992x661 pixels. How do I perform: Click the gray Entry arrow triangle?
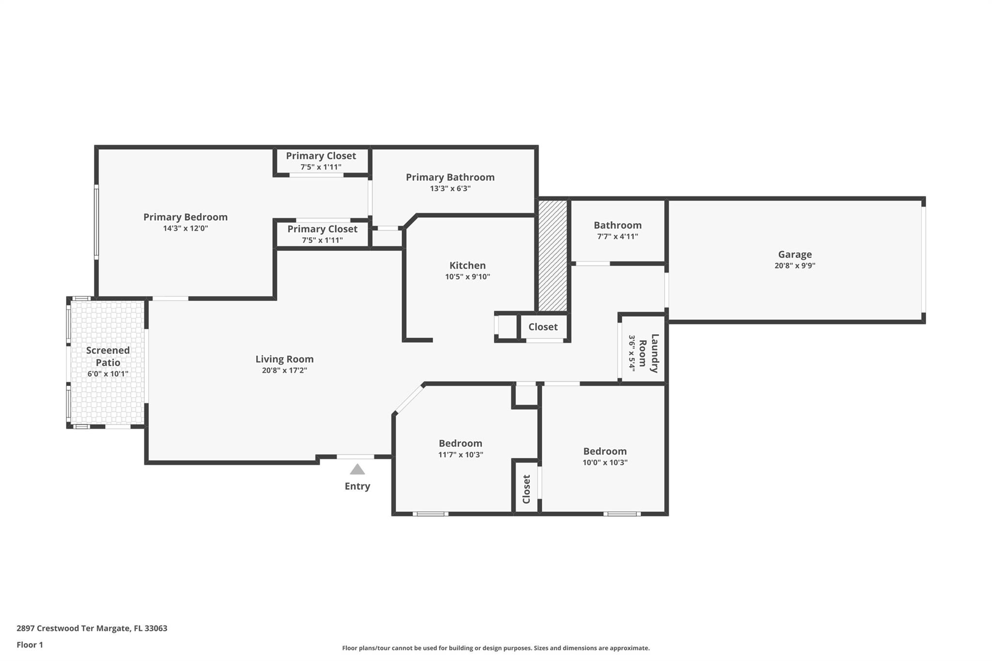coord(357,469)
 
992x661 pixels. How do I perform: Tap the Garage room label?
coord(795,254)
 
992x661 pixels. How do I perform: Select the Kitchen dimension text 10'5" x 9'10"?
coord(467,277)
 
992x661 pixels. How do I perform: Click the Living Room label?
coord(284,359)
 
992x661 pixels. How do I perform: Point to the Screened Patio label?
coord(108,356)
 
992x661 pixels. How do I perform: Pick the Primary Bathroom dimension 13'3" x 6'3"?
coord(450,188)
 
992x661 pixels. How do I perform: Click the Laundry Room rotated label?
coord(649,353)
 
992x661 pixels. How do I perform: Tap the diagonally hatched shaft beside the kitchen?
coord(553,256)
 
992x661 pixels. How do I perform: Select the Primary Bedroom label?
coord(186,217)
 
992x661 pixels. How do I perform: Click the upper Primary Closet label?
coord(321,155)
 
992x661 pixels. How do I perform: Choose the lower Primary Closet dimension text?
coord(322,240)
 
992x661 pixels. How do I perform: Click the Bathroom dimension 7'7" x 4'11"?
coord(618,236)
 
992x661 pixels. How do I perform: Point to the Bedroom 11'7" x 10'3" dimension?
coord(461,454)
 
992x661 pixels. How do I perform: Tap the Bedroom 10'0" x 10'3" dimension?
coord(605,462)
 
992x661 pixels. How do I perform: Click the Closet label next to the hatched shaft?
coord(543,327)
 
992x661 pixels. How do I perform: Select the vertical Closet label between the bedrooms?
coord(527,489)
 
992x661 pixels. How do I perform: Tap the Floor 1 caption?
coord(30,645)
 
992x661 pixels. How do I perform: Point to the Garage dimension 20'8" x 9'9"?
coord(795,265)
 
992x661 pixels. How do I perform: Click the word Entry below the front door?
coord(357,486)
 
